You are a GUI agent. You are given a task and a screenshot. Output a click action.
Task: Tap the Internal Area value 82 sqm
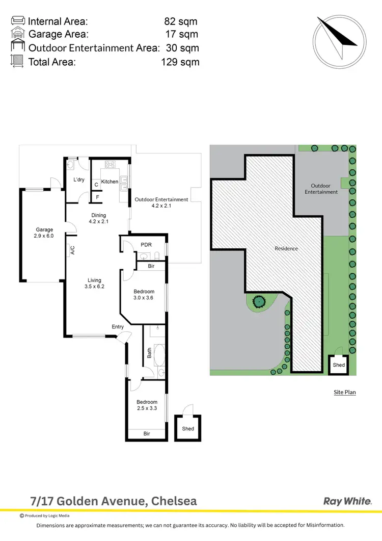coord(180,21)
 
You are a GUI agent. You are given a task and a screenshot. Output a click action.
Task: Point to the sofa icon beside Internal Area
coord(18,21)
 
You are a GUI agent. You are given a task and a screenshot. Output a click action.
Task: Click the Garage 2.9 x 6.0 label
coord(44,233)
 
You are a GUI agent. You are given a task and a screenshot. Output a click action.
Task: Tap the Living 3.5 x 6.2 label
coord(94,284)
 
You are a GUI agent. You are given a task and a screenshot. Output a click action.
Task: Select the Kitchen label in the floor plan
coord(110,182)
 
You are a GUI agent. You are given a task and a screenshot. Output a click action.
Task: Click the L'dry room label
coord(79,180)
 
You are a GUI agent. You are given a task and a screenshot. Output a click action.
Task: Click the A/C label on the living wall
coord(72,250)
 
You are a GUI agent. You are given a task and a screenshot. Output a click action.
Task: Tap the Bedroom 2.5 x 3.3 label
coord(147,405)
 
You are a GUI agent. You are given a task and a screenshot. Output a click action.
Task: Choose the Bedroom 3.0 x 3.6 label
coord(144,294)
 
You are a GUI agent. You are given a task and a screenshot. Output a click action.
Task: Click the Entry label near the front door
coord(118,327)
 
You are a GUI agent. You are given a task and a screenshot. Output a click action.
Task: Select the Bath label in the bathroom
coord(149,353)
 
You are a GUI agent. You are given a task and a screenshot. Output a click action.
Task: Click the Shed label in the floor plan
coord(188,429)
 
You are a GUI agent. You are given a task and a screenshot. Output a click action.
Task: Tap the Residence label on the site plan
coord(286,248)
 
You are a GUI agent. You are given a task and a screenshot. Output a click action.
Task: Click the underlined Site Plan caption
coord(344,392)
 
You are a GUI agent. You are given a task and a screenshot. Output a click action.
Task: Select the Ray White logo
coord(347,501)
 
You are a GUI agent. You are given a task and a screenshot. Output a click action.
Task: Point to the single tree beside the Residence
coord(259,301)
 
